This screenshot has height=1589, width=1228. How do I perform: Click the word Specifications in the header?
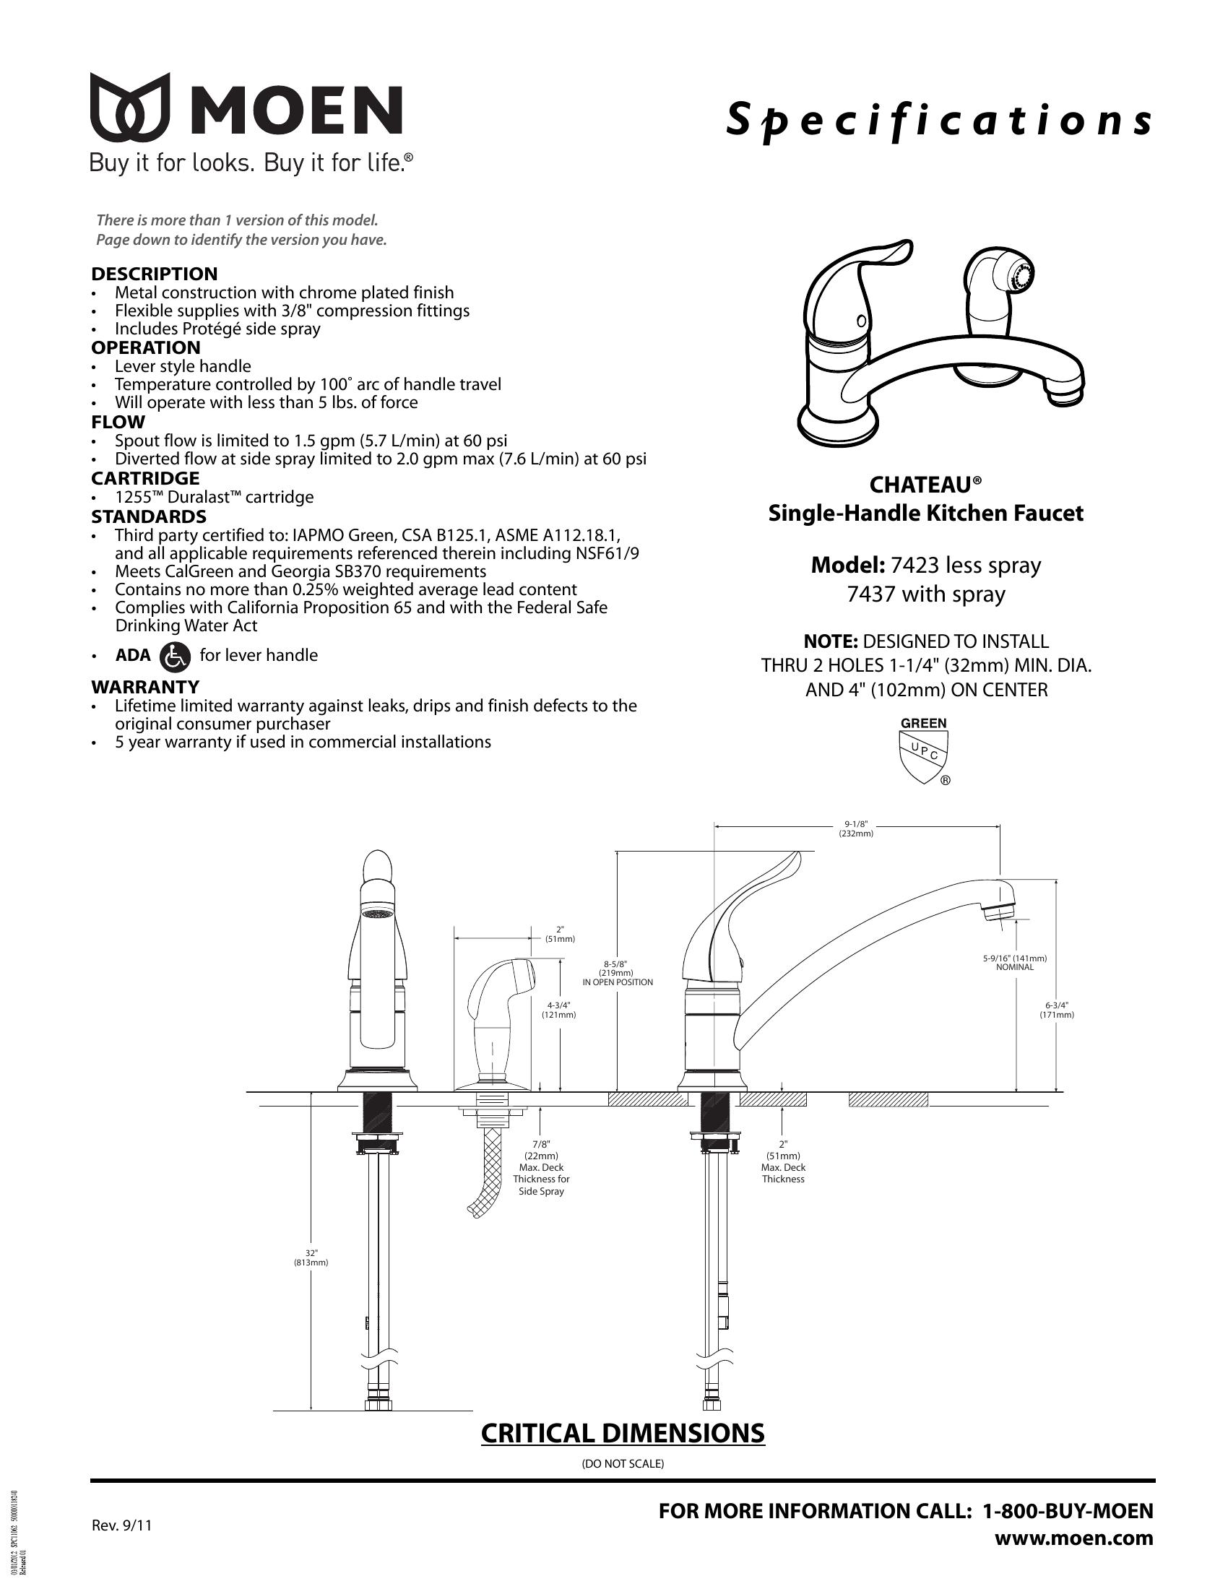coord(939,119)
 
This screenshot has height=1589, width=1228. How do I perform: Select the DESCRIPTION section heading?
coord(155,274)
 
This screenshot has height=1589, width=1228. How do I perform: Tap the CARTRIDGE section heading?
coord(145,478)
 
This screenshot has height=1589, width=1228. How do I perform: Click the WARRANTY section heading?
coord(145,686)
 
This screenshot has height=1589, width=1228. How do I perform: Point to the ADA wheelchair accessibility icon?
coord(175,656)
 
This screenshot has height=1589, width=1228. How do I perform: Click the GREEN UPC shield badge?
coord(925,750)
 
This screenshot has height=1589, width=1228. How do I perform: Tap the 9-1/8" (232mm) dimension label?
coord(856,828)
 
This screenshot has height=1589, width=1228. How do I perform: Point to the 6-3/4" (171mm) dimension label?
coord(1057,1010)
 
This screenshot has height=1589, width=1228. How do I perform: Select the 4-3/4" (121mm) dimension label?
coord(559,1010)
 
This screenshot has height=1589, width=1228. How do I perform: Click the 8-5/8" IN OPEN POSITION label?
coord(618,973)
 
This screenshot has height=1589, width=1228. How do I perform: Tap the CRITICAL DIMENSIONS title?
coord(623,1432)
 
